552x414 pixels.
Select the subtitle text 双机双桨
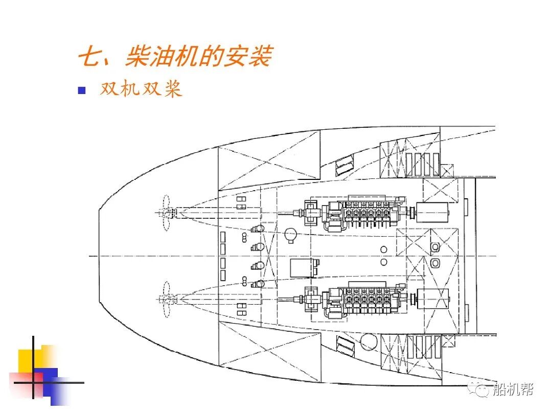(141, 89)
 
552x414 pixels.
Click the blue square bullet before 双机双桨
(81, 90)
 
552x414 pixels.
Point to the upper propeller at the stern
(165, 212)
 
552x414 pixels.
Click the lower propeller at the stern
(165, 299)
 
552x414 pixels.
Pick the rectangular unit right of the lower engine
(432, 298)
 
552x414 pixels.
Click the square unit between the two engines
(303, 267)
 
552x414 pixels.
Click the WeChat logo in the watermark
(482, 390)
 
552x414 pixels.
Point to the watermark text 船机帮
(513, 390)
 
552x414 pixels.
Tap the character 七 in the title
(90, 56)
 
